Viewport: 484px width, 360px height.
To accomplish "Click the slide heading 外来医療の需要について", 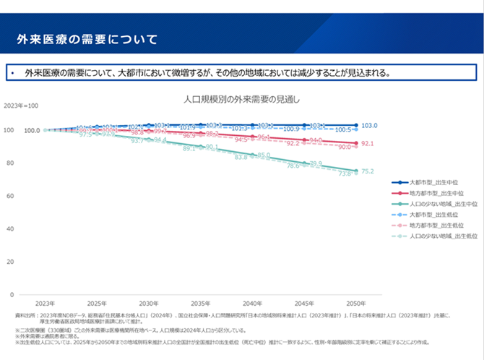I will tap(87, 38).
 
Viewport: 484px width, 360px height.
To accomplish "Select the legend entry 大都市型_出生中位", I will tap(436, 183).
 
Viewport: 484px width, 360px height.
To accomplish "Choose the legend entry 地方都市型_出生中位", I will tap(436, 194).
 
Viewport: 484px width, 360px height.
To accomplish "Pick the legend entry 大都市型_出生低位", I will tap(436, 215).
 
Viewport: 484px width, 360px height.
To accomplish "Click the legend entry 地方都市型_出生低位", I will tap(436, 226).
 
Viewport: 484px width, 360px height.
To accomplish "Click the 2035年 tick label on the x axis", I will tap(200, 303).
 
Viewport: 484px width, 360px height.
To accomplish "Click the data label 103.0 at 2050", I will tap(369, 126).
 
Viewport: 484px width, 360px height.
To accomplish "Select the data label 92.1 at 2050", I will tap(367, 144).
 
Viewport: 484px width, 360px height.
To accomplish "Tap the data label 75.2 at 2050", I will tap(367, 171).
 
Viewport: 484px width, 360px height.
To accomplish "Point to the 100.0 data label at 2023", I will tap(32, 131).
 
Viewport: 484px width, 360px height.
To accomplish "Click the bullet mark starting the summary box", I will tap(13, 73).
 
